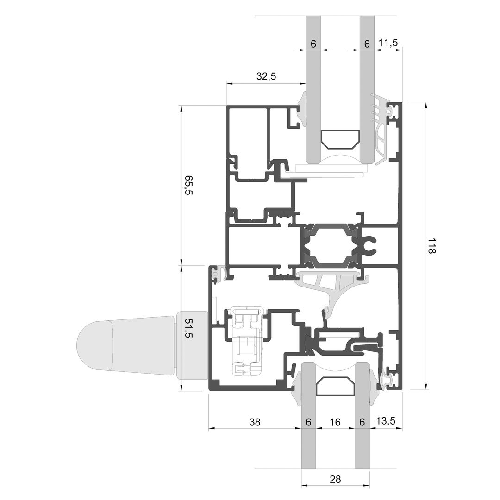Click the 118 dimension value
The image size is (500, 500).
pyautogui.click(x=431, y=245)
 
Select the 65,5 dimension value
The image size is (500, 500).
pyautogui.click(x=188, y=185)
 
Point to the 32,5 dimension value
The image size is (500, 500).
pyautogui.click(x=266, y=76)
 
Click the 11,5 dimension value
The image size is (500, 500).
pyautogui.click(x=388, y=43)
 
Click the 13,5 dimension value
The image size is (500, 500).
pyautogui.click(x=386, y=421)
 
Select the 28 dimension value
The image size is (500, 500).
pyautogui.click(x=336, y=479)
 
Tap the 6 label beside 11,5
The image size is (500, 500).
pyautogui.click(x=367, y=44)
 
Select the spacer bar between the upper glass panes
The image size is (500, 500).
pyautogui.click(x=340, y=139)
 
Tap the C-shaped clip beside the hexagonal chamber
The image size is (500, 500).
pyautogui.click(x=370, y=244)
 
